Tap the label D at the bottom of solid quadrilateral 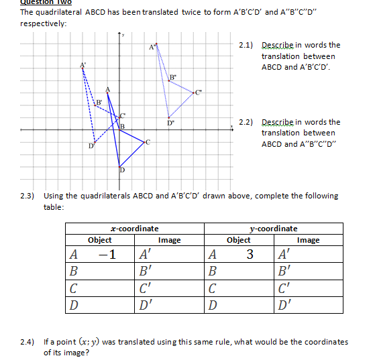coord(122,170)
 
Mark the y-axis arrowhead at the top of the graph coord(119,34)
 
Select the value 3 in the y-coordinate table coord(250,254)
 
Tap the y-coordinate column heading coord(273,229)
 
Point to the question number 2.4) coord(28,341)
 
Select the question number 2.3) coord(28,196)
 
